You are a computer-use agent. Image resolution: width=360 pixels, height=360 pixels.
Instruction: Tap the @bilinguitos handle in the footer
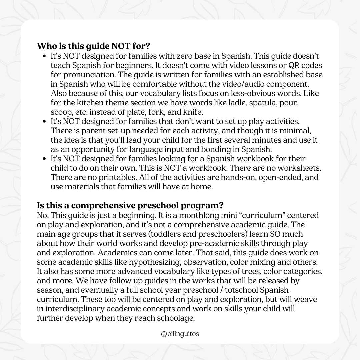[180, 333]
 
